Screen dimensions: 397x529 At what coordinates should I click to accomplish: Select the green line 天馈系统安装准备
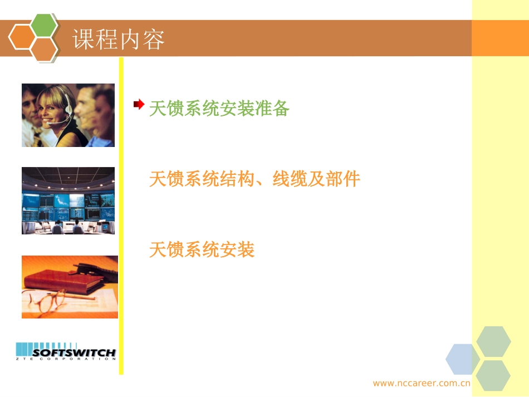coord(219,109)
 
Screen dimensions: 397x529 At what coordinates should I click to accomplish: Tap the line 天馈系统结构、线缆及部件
coord(254,179)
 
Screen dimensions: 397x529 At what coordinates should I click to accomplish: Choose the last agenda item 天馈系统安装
coord(202,249)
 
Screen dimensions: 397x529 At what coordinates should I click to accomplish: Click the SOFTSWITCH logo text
coord(74,353)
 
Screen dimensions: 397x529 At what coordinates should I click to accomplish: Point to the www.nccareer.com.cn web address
coord(422,383)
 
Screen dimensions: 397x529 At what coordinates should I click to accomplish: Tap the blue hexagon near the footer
coord(462,359)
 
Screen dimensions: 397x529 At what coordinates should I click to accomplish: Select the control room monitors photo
coord(68,200)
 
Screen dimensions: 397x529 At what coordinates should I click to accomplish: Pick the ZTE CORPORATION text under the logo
coord(66,359)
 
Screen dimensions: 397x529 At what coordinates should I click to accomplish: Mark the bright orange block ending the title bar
coord(499,38)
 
